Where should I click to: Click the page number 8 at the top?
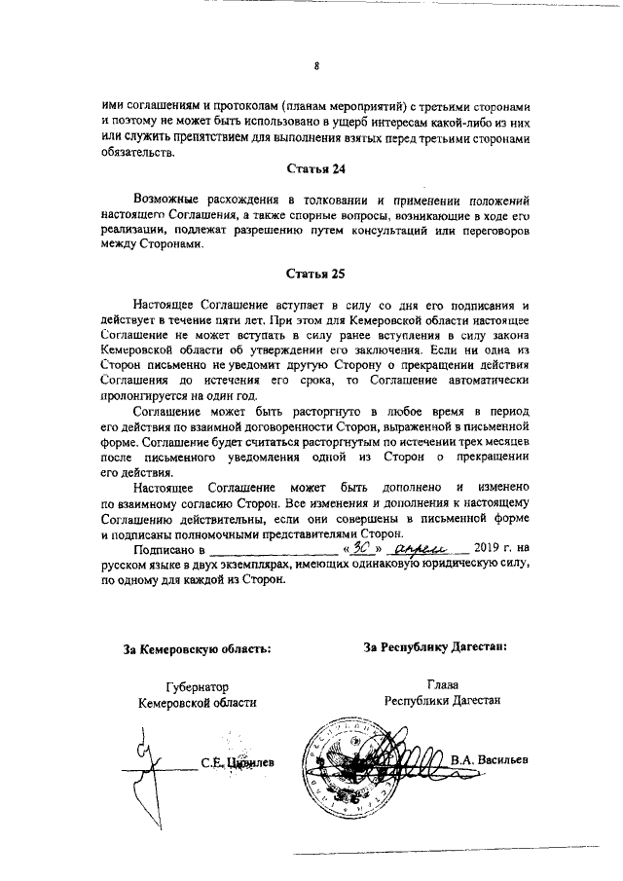[x=316, y=66]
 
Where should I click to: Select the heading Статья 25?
[x=315, y=275]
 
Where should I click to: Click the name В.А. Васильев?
[x=490, y=758]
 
